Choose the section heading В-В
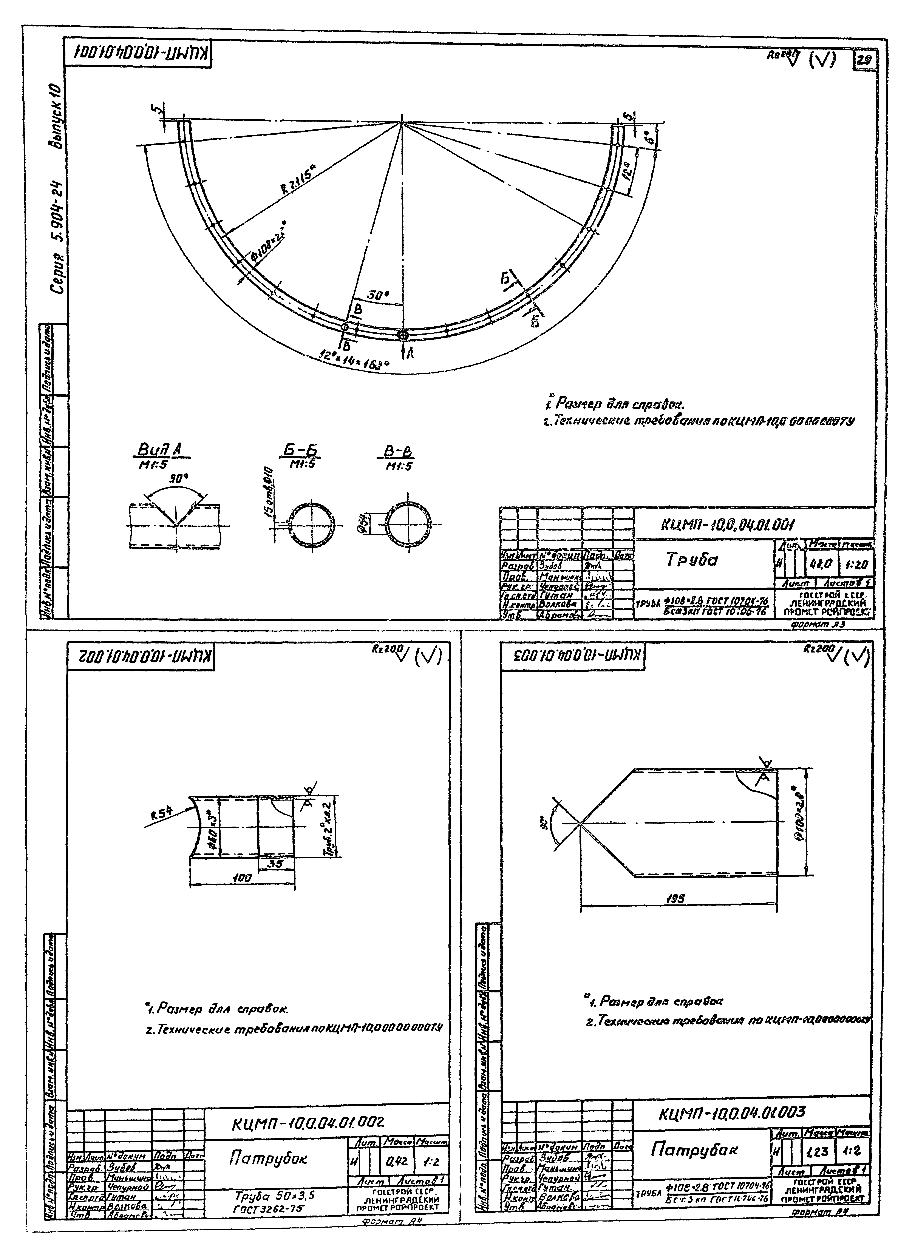click(x=399, y=452)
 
